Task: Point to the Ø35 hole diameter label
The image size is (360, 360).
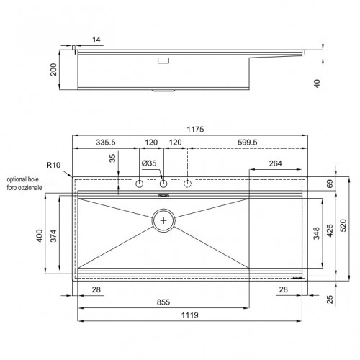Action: [x=149, y=164]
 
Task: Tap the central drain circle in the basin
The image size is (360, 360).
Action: [x=165, y=220]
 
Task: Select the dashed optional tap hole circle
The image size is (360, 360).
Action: [x=189, y=184]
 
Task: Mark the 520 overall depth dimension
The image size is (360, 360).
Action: [x=343, y=225]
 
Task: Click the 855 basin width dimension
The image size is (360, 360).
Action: [x=164, y=303]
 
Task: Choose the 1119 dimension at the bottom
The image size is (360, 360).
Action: [x=189, y=316]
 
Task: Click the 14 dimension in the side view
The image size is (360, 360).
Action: [x=97, y=41]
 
